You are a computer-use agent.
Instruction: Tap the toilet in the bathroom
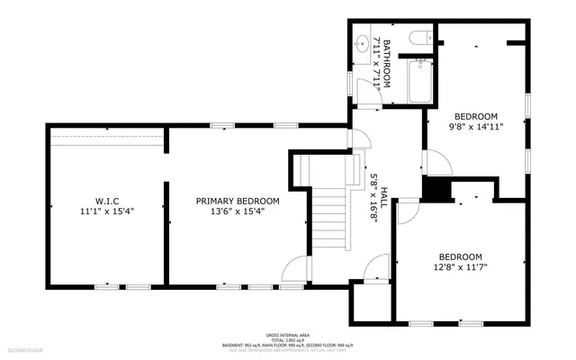point(418,38)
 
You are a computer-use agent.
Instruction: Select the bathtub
point(418,82)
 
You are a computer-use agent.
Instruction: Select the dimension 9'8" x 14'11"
point(475,127)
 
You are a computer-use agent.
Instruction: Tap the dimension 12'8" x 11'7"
point(460,266)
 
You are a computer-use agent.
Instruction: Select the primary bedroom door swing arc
point(293,266)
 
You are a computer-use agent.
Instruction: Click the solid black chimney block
point(436,189)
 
